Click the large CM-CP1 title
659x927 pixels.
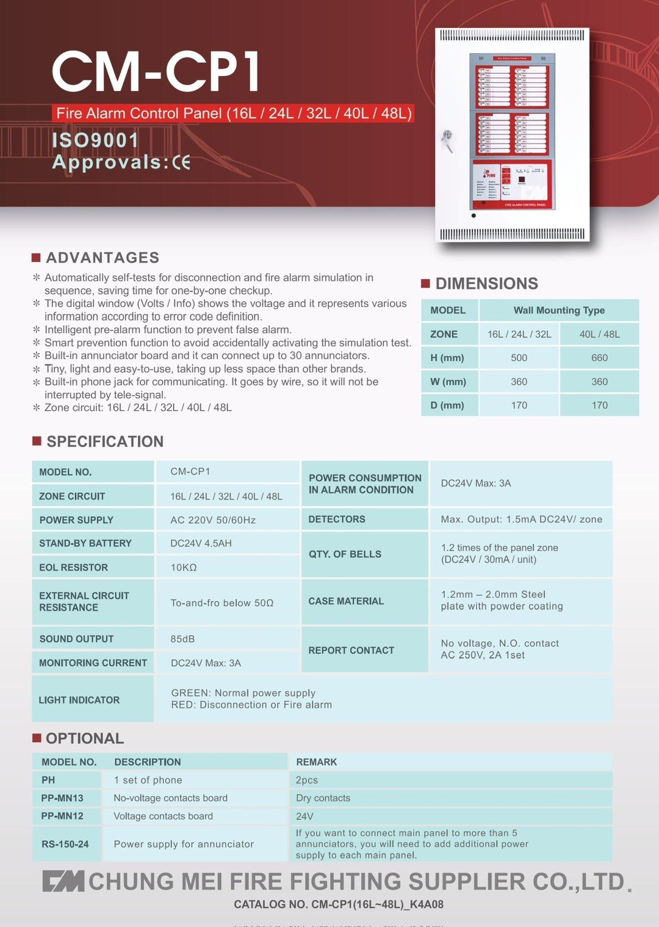click(x=156, y=71)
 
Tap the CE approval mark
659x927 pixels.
click(x=181, y=162)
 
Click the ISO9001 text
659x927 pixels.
click(x=95, y=140)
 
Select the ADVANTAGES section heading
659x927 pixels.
click(x=102, y=258)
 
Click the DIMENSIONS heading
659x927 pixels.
click(x=486, y=283)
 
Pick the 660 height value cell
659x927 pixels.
click(x=599, y=358)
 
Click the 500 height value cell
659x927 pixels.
click(x=519, y=358)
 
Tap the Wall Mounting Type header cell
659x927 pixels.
click(x=559, y=310)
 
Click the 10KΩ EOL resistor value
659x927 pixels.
click(x=184, y=567)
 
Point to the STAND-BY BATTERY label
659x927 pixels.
click(x=85, y=543)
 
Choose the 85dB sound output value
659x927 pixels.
click(x=182, y=639)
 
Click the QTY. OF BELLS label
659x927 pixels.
click(x=345, y=554)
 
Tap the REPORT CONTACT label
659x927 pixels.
click(x=351, y=650)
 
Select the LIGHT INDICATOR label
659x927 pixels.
click(x=79, y=700)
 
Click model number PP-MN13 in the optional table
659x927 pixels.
click(x=62, y=798)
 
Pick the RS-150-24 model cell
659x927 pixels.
click(x=65, y=844)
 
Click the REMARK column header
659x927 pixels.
click(x=316, y=762)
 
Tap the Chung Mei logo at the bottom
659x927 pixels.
click(x=63, y=882)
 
